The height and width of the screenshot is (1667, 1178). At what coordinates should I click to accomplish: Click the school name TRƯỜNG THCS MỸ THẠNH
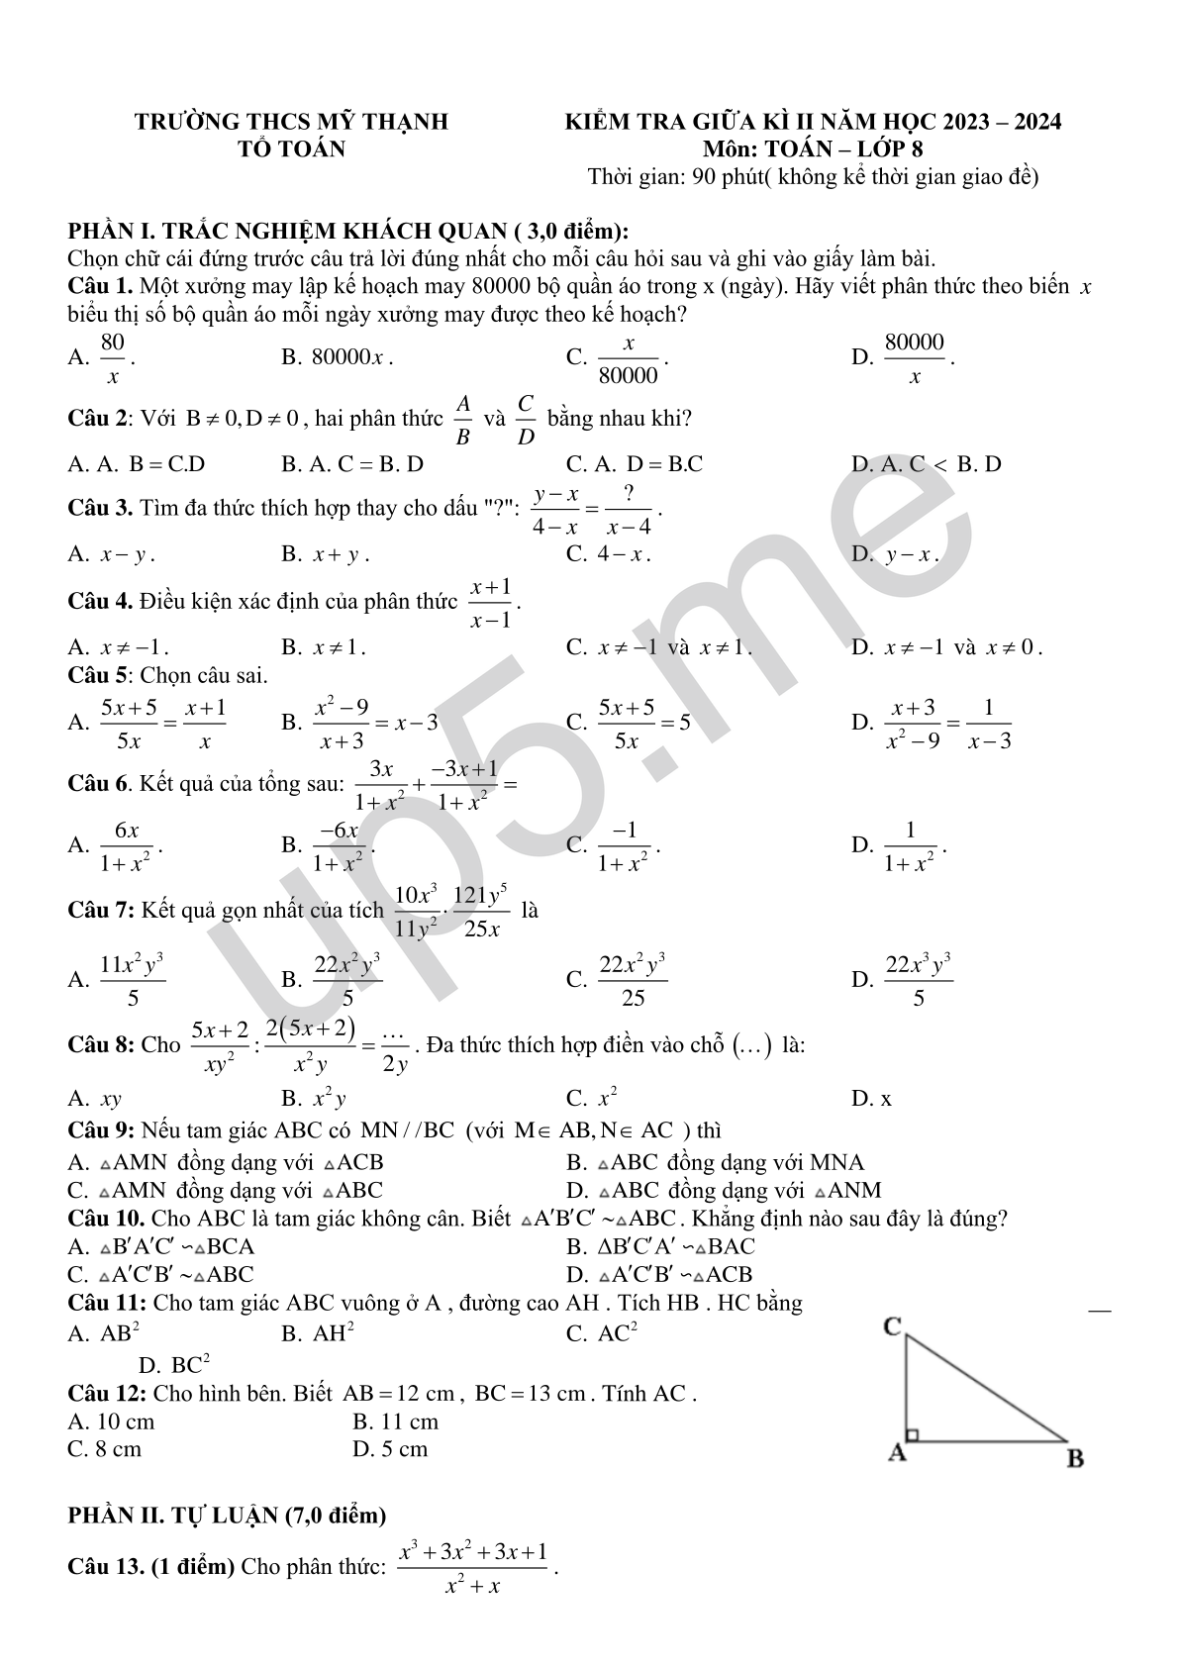coord(291,122)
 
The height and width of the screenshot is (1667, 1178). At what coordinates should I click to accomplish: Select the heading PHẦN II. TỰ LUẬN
coord(227,1515)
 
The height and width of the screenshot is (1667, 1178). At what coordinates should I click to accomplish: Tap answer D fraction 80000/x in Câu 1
coord(914,357)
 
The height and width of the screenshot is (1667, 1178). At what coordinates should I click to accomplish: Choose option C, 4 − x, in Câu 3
coord(622,554)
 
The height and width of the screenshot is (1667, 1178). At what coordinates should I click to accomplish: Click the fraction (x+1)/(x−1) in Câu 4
coord(491,603)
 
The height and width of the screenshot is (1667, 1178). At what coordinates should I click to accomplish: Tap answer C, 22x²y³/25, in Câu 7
coord(632,980)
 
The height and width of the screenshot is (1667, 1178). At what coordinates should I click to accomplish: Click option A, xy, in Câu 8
coord(110,1099)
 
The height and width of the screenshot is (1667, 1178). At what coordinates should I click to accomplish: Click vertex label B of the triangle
coord(1075,1458)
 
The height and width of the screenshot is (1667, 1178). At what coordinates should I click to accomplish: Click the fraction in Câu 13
coord(472,1568)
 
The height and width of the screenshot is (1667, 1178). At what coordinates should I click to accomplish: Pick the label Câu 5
coord(99,676)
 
